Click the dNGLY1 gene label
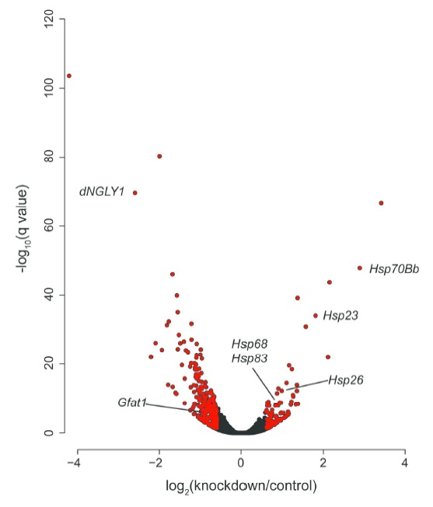(102, 191)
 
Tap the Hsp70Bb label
(394, 269)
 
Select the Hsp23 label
(340, 315)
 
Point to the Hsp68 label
(250, 343)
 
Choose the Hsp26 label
(345, 379)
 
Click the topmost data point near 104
(69, 76)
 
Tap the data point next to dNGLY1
(135, 193)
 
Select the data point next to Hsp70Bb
(359, 268)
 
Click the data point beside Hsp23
(315, 316)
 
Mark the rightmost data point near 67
(381, 203)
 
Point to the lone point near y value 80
(159, 156)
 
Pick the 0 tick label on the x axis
(241, 463)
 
